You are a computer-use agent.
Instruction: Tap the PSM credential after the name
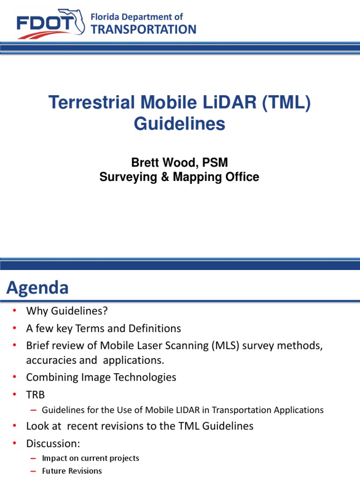pos(216,163)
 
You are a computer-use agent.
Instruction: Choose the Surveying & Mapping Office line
pos(180,177)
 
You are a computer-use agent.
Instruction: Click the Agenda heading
pos(37,287)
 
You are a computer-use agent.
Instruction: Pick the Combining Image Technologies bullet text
pos(101,377)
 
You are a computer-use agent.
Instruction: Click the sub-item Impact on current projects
pos(90,458)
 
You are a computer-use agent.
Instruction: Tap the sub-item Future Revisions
pos(72,471)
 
